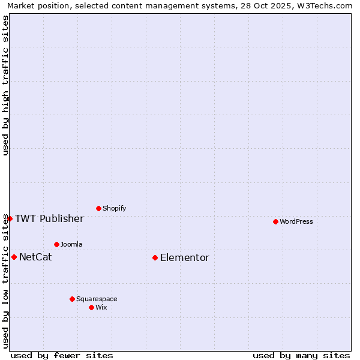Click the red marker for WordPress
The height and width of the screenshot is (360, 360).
click(275, 221)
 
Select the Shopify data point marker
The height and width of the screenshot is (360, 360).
click(98, 208)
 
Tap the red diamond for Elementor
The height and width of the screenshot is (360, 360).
click(155, 257)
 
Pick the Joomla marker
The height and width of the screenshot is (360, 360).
click(56, 244)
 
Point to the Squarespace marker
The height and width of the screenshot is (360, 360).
click(72, 299)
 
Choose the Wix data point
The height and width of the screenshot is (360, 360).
click(91, 307)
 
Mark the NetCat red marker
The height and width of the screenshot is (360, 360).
click(14, 257)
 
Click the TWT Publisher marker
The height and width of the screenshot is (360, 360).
click(10, 218)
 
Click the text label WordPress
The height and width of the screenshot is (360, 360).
click(296, 221)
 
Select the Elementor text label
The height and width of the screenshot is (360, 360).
click(185, 258)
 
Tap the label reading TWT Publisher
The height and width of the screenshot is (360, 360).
click(49, 218)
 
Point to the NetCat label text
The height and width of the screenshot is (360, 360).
click(35, 257)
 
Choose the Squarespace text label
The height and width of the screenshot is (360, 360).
click(97, 299)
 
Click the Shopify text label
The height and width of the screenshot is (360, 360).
click(114, 209)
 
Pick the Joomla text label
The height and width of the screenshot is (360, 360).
click(71, 244)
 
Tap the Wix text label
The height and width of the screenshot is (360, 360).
click(101, 307)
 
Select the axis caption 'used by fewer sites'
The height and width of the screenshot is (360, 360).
click(62, 355)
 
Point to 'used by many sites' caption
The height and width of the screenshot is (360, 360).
click(301, 355)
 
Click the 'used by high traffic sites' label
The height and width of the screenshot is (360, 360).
click(5, 85)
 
